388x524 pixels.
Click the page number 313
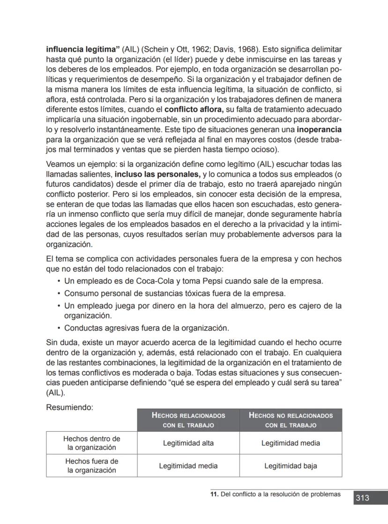click(362, 498)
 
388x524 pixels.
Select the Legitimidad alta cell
click(188, 443)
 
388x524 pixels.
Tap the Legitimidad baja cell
click(291, 466)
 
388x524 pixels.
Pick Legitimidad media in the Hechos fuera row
click(188, 466)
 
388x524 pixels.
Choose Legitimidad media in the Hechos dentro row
click(291, 443)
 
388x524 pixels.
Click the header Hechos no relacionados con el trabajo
click(291, 420)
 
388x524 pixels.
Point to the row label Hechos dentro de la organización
click(92, 443)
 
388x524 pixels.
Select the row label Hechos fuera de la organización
click(92, 465)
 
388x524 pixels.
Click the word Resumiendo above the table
click(69, 407)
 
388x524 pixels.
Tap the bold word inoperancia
click(319, 129)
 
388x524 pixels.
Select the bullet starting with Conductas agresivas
click(146, 328)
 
